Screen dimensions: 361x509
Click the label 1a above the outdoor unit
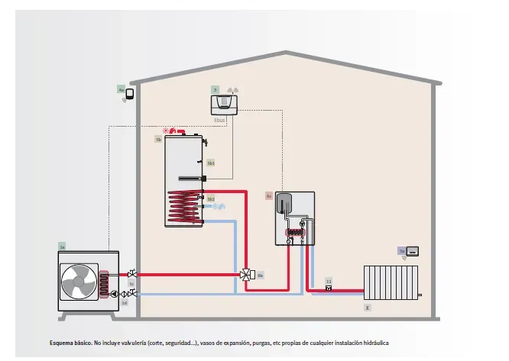pyautogui.click(x=63, y=247)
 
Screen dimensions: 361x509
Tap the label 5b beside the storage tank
pyautogui.click(x=158, y=140)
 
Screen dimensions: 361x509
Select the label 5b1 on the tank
pyautogui.click(x=211, y=163)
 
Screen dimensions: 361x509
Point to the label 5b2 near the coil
pyautogui.click(x=211, y=199)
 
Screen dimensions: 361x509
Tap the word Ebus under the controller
pyautogui.click(x=219, y=119)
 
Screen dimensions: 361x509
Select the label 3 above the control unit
pyautogui.click(x=215, y=90)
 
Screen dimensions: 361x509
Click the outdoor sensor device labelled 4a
pyautogui.click(x=130, y=94)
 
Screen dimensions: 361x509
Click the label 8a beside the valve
pyautogui.click(x=260, y=274)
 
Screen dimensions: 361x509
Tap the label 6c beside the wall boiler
pyautogui.click(x=269, y=195)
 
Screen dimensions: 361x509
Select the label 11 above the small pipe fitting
pyautogui.click(x=329, y=280)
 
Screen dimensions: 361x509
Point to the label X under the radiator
pyautogui.click(x=368, y=307)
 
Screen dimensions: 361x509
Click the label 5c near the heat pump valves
pyautogui.click(x=131, y=283)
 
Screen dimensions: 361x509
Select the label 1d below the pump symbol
pyautogui.click(x=125, y=302)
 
